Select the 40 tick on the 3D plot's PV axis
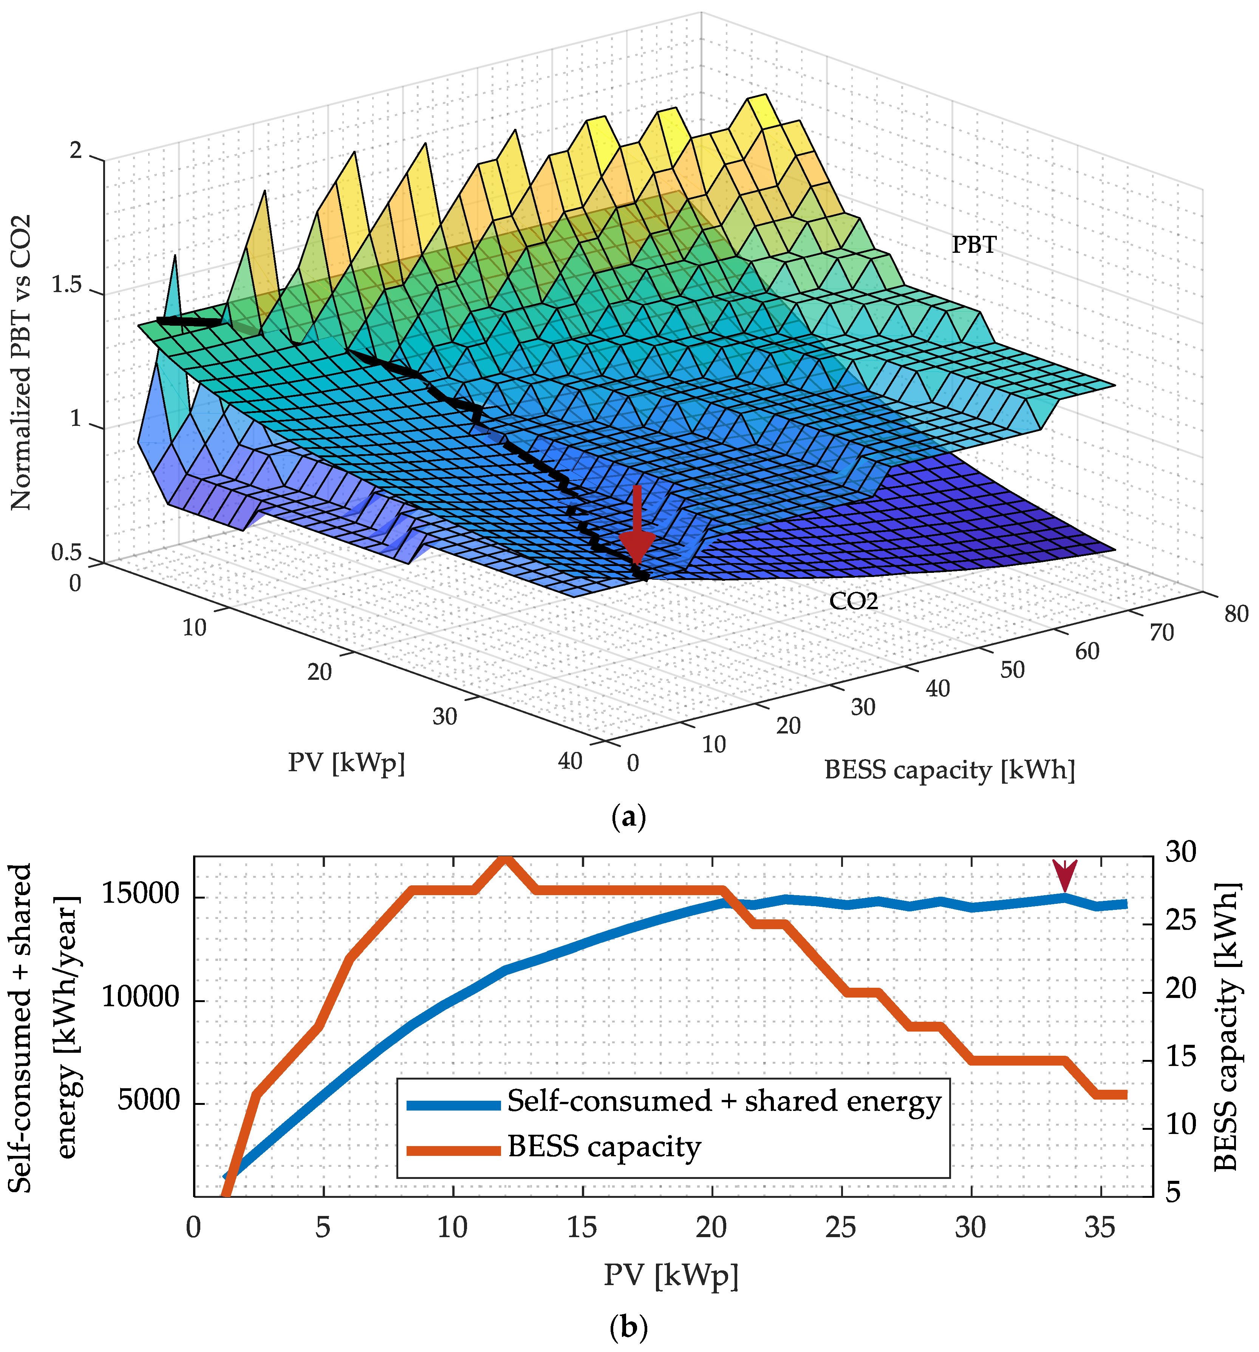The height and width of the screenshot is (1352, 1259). [x=570, y=761]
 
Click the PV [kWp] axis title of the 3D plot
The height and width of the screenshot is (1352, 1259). [x=346, y=763]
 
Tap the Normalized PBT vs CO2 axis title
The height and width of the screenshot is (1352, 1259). [x=22, y=361]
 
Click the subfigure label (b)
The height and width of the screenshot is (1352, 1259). [x=628, y=1327]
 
